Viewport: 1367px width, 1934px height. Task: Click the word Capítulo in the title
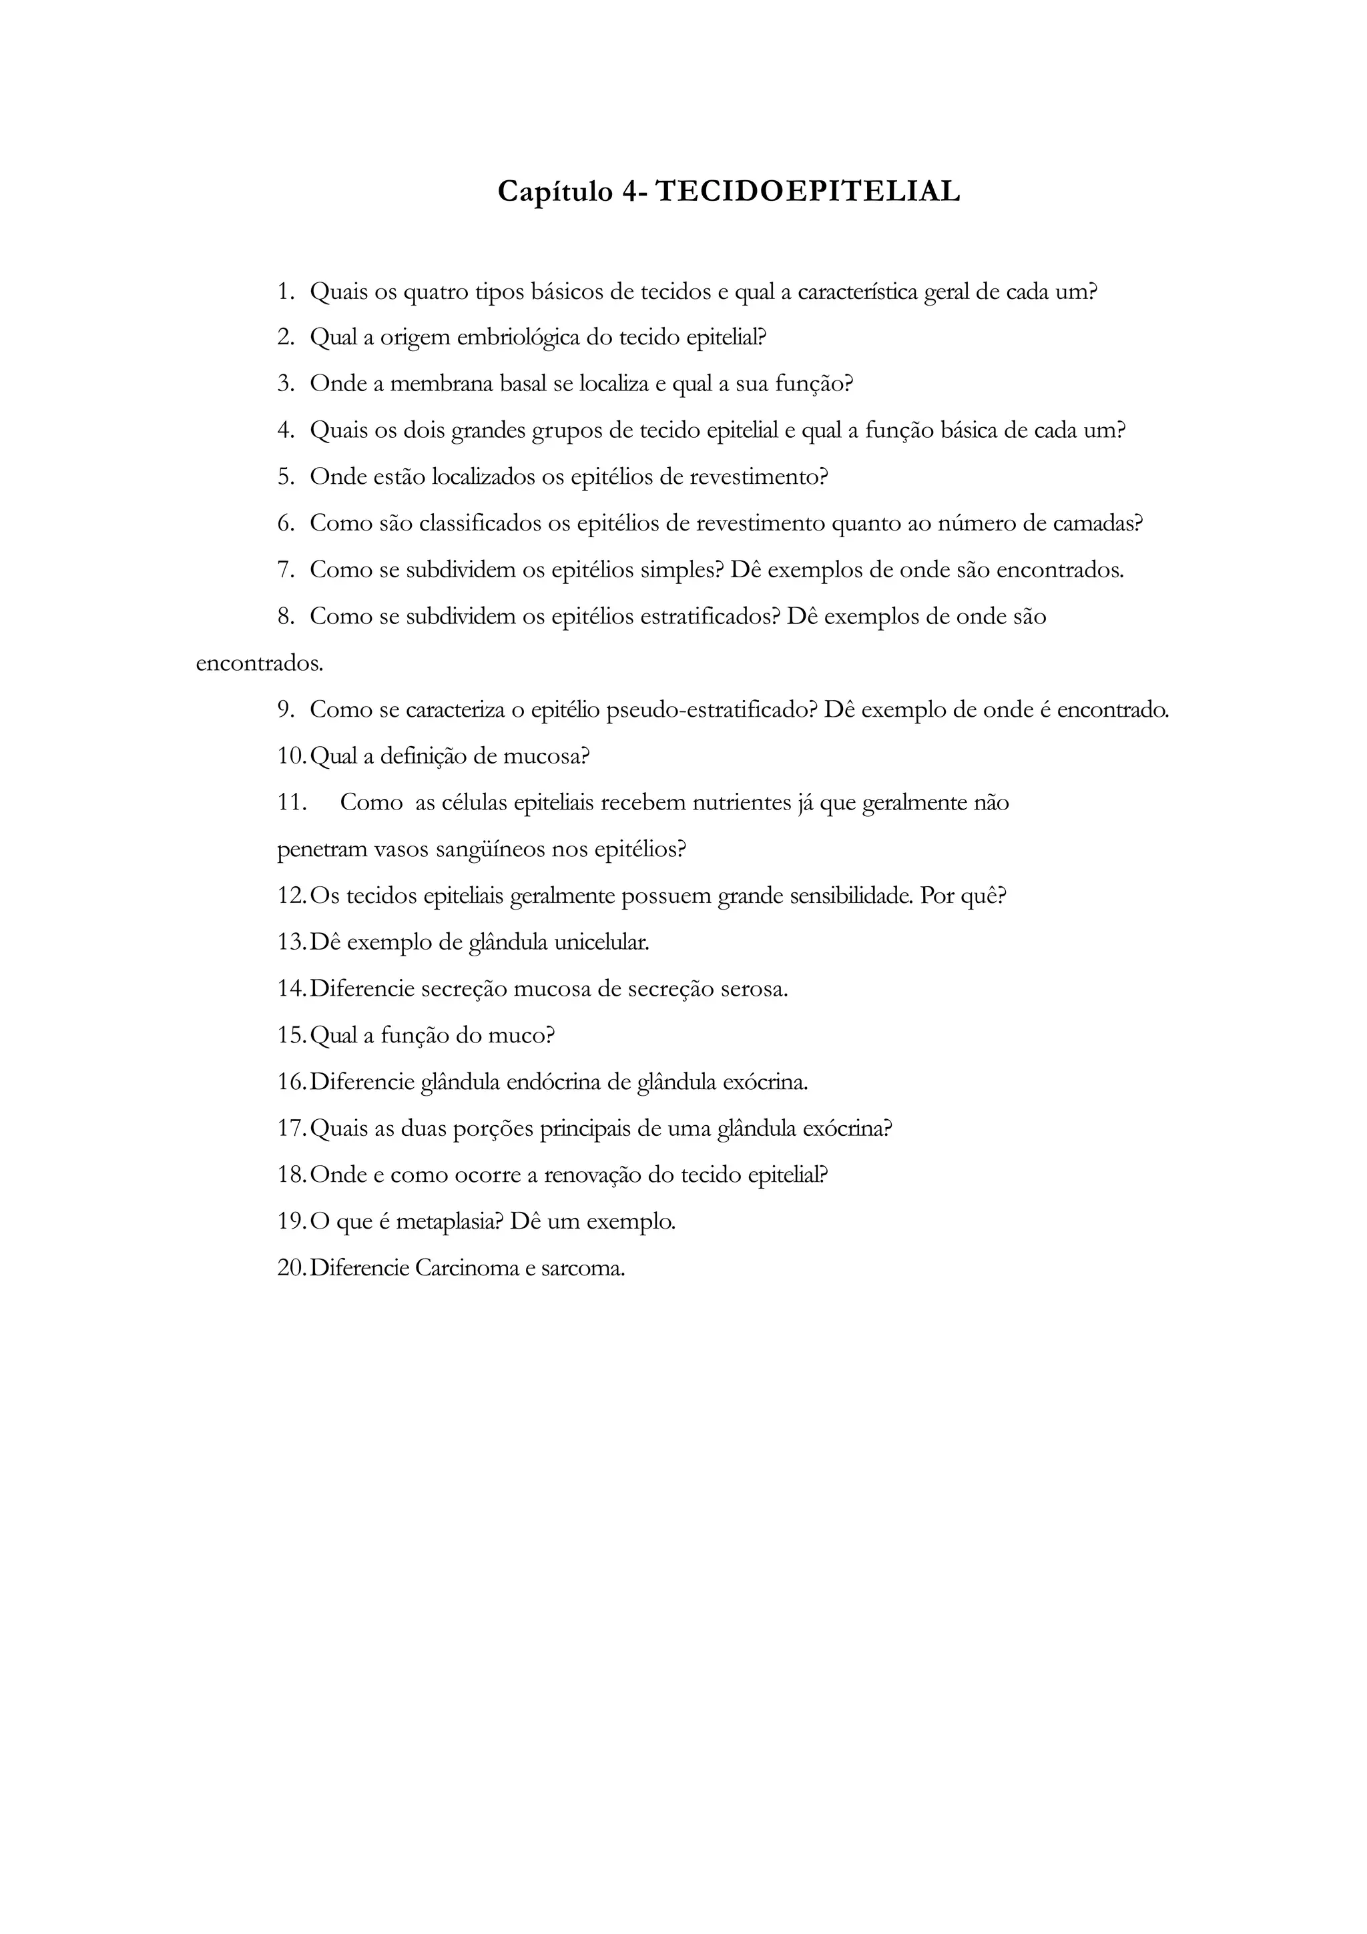point(555,192)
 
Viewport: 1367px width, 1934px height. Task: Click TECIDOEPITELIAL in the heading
point(808,192)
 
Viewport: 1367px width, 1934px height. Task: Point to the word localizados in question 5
point(483,476)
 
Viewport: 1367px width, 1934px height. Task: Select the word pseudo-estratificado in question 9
point(711,710)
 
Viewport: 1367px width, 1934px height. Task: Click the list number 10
point(292,756)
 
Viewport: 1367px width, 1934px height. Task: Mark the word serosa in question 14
point(754,989)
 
